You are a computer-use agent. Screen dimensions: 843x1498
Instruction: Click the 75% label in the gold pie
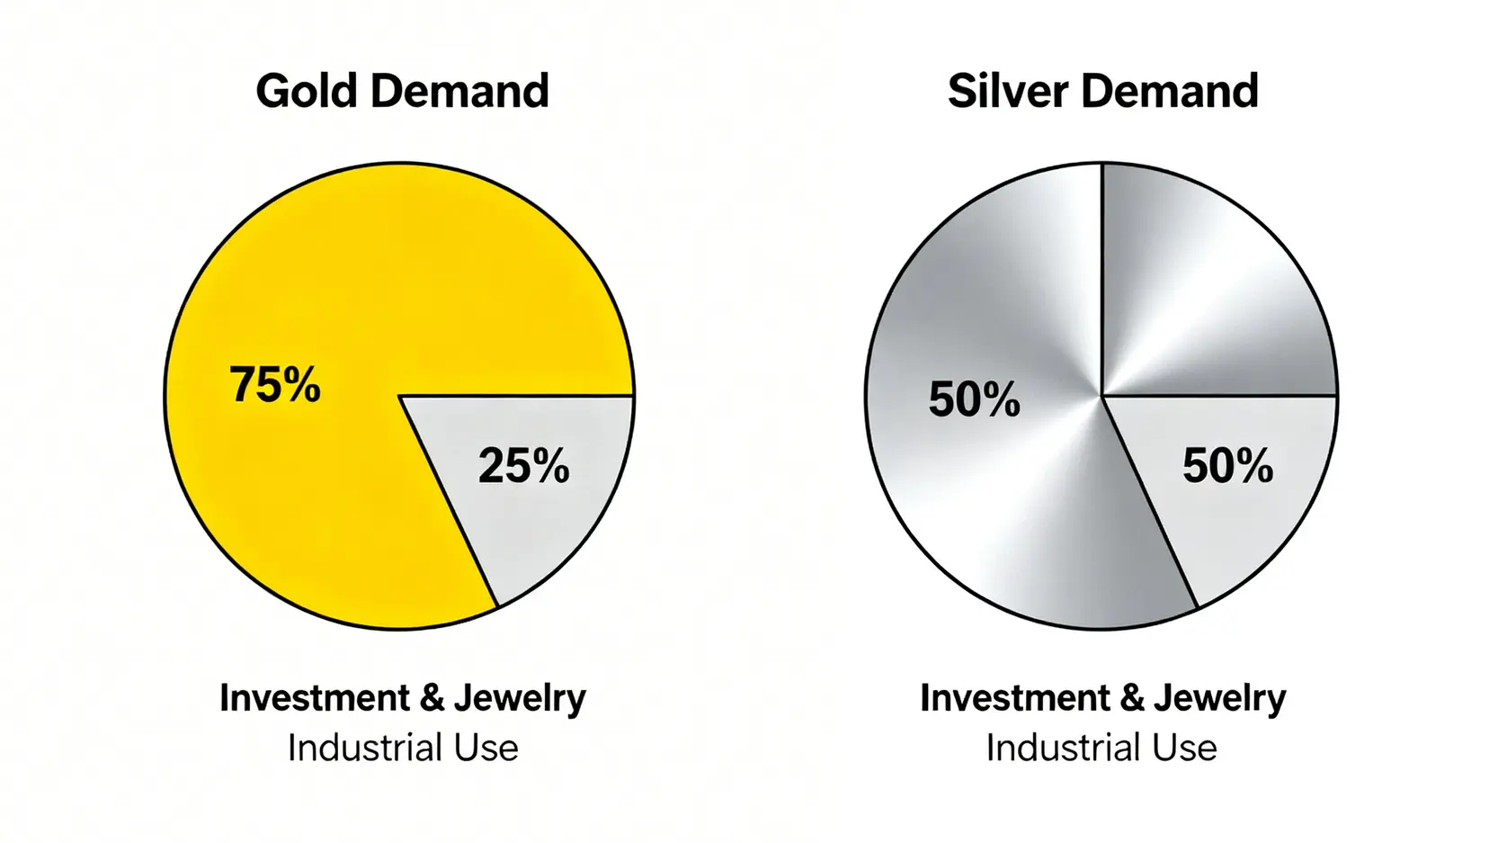pos(274,384)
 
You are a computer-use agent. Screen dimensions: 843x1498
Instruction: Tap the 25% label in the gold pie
pos(523,465)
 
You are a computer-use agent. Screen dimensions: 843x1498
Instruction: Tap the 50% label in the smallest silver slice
pos(1227,465)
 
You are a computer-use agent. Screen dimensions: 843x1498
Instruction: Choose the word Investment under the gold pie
pos(315,697)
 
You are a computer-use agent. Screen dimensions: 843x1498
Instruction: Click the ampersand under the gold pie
pos(432,698)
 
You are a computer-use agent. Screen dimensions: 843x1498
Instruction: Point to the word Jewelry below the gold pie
pos(519,698)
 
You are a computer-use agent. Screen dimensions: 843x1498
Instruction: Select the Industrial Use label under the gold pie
pos(403,748)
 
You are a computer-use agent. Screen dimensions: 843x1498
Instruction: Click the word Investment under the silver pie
pos(1015,697)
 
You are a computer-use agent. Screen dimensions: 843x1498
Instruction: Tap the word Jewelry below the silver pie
pos(1219,698)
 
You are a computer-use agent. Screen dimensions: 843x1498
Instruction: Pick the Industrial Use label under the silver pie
pos(1101,748)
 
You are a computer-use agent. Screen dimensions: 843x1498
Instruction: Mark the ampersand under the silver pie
pos(1132,698)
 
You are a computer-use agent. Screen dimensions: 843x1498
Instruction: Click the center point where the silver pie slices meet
pos(1101,395)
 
